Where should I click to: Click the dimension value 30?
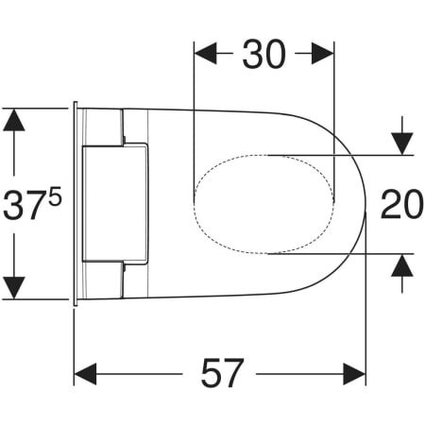(264, 56)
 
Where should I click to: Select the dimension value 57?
(222, 374)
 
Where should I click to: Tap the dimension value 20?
(401, 204)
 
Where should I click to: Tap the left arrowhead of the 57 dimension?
(87, 374)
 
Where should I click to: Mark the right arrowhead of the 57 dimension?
(354, 374)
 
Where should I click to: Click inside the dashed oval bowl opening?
(264, 203)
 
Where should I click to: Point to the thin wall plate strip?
(74, 203)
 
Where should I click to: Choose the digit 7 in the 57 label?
(236, 374)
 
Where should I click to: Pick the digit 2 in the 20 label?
(389, 204)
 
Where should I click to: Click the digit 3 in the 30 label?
(251, 56)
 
